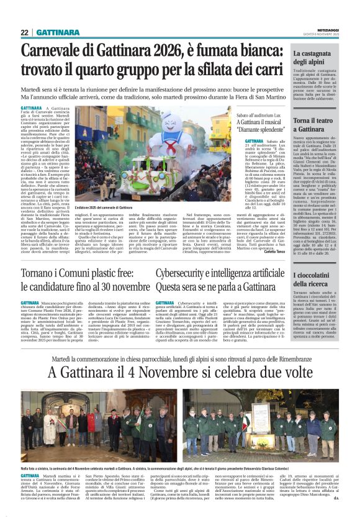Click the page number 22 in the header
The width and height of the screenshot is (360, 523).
click(25, 32)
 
